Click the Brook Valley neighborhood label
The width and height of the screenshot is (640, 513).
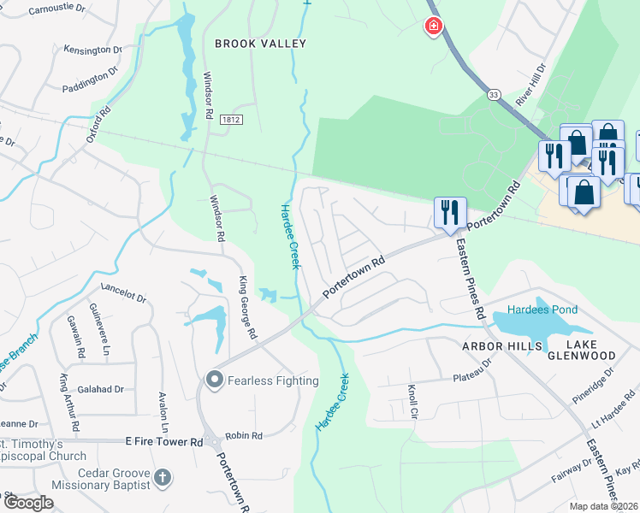click(x=260, y=43)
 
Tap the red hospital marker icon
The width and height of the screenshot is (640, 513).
click(x=434, y=27)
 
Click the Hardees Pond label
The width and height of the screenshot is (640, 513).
click(x=542, y=310)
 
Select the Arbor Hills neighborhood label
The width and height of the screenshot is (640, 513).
click(x=502, y=346)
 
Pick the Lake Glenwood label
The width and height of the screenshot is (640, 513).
click(x=583, y=349)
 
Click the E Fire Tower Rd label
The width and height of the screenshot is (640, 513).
click(x=163, y=442)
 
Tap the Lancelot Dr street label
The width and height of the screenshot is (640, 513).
click(x=124, y=293)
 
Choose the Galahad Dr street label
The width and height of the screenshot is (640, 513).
click(x=101, y=389)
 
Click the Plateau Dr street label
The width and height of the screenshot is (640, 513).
click(x=473, y=369)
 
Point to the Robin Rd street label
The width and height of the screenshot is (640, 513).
click(x=245, y=436)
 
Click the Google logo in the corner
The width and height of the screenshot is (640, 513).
click(x=28, y=503)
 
